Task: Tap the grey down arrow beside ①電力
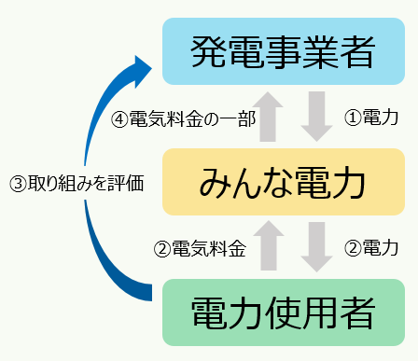point(318,118)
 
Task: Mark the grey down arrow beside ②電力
point(318,247)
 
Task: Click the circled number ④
point(118,118)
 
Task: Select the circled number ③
point(16,184)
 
